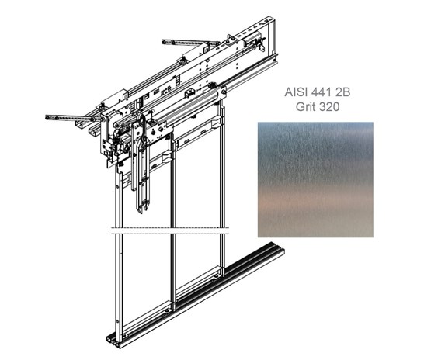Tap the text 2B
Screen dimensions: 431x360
click(342, 92)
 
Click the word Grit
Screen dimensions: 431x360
click(306, 106)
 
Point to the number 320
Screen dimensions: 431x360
click(329, 106)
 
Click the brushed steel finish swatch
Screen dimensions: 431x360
click(315, 179)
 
